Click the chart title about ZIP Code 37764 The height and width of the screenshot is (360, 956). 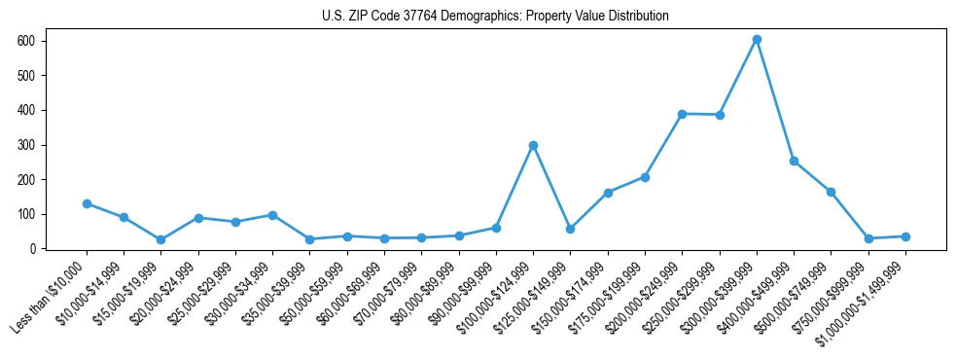[x=495, y=17]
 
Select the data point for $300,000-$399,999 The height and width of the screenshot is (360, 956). [x=757, y=40]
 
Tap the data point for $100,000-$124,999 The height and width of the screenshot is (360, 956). [x=533, y=146]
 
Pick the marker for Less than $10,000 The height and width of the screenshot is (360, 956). [x=87, y=203]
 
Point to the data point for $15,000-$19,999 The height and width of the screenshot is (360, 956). [x=161, y=239]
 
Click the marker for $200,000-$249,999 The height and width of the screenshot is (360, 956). [x=683, y=114]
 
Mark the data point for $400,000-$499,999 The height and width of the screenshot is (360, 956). [x=794, y=161]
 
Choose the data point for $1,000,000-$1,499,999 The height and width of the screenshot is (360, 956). [x=905, y=236]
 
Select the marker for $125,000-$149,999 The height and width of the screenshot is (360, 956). [x=571, y=229]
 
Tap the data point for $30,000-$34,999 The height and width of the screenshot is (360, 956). [x=273, y=215]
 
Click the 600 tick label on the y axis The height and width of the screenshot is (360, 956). [x=26, y=41]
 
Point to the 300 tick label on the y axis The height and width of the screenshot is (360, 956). [x=26, y=145]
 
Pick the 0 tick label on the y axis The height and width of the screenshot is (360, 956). [x=32, y=249]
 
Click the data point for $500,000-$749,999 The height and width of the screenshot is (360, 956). [x=831, y=192]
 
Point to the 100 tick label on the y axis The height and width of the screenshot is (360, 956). [x=26, y=214]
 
